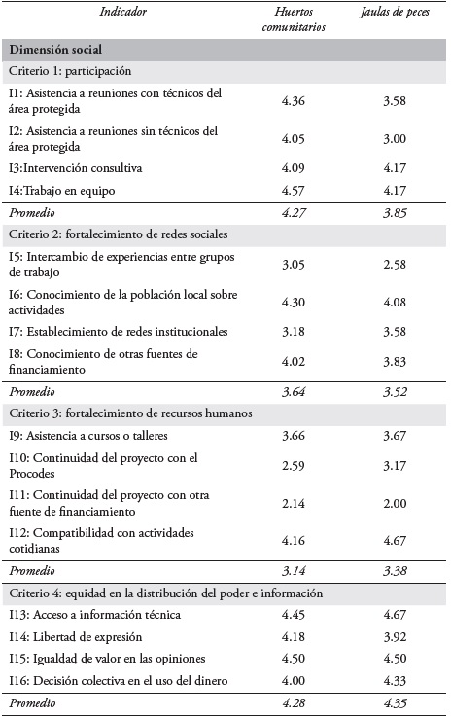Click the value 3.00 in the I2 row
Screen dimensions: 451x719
pos(396,138)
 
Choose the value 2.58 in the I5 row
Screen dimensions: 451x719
pos(396,265)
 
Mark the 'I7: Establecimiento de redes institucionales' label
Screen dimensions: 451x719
pos(118,332)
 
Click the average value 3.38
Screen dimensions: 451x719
pos(396,569)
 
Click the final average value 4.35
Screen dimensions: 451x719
pos(396,701)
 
